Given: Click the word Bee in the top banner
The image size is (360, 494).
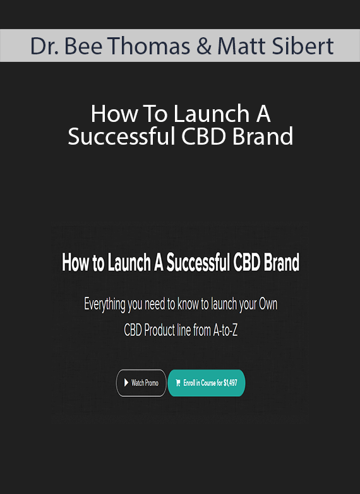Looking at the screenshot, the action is [83, 46].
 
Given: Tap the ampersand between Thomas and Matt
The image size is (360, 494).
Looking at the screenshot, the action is [204, 46].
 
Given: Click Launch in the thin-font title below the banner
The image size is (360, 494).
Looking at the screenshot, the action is [212, 114].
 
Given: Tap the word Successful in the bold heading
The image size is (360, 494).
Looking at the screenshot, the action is [198, 262].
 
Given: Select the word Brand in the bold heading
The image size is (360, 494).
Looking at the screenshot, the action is [282, 262].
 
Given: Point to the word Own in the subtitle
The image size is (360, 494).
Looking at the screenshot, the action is [268, 304].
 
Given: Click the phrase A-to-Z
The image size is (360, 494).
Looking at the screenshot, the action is [225, 330].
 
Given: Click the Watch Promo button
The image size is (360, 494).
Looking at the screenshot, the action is [141, 383].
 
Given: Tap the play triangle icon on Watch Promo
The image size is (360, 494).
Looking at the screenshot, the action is [126, 383].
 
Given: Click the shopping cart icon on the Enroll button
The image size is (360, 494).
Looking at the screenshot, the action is [178, 383].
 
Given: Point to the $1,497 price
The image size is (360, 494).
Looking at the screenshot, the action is [231, 383].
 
